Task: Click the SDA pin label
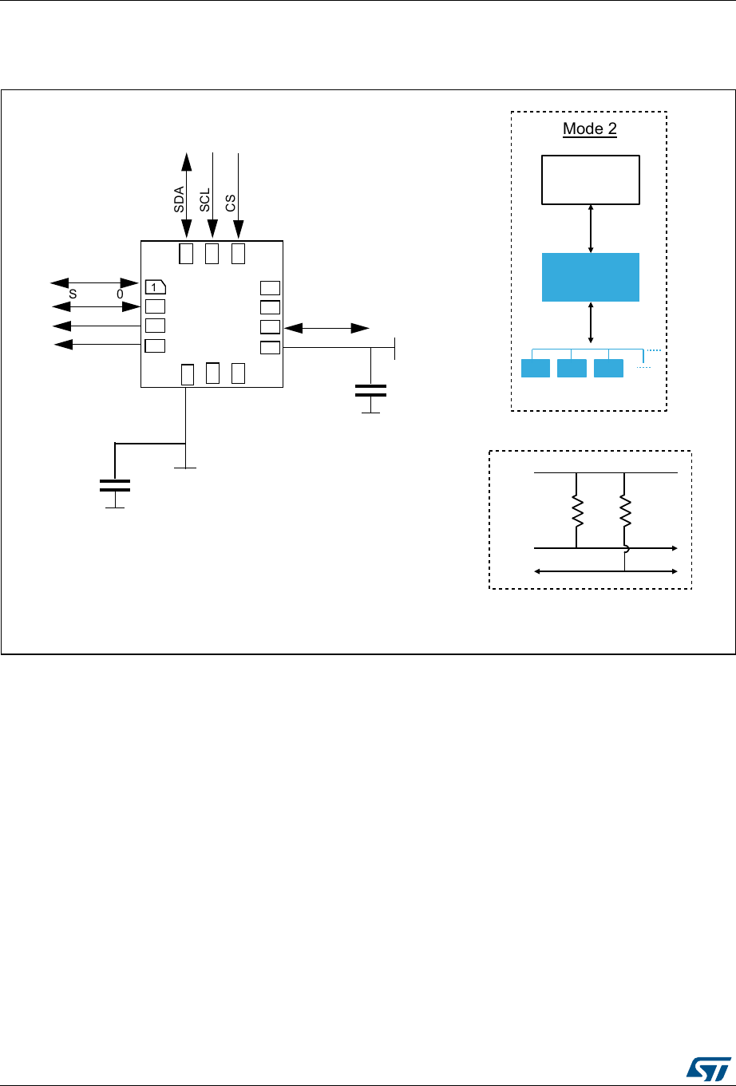(x=180, y=199)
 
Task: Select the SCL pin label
(x=204, y=199)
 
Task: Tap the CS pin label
(x=230, y=199)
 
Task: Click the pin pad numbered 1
(x=155, y=286)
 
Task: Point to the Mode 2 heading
(x=590, y=129)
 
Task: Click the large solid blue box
(x=591, y=277)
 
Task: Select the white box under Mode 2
(x=591, y=180)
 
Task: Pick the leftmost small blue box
(x=535, y=368)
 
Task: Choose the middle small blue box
(x=572, y=368)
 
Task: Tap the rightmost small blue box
(x=608, y=368)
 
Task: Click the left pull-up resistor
(x=576, y=511)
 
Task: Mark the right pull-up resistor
(x=625, y=511)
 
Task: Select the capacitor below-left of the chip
(x=115, y=485)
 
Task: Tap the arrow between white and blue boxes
(x=591, y=229)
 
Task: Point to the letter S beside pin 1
(x=73, y=294)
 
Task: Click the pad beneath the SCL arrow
(x=212, y=254)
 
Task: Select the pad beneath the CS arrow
(x=237, y=254)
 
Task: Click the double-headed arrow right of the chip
(x=326, y=327)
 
